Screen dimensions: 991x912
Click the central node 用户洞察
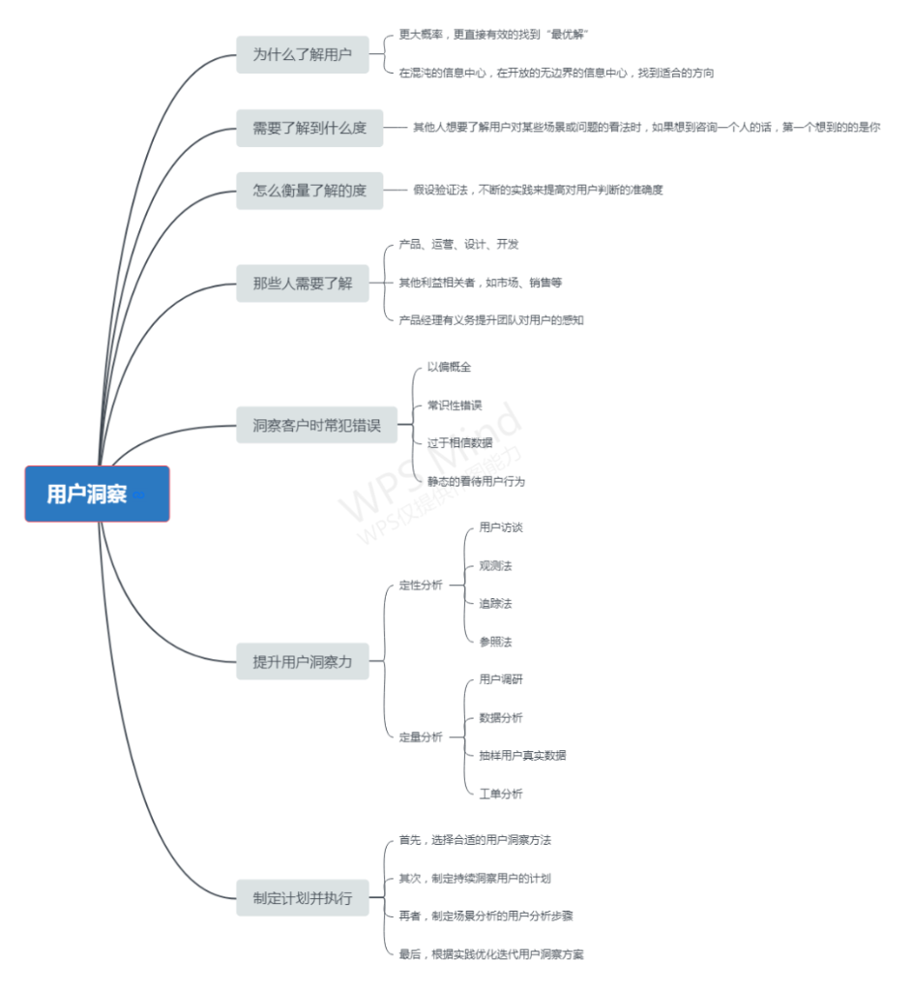[97, 494]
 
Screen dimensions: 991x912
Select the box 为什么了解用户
[303, 54]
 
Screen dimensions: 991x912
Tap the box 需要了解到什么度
[309, 128]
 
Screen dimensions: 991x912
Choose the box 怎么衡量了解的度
[309, 191]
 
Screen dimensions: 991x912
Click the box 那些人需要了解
[303, 284]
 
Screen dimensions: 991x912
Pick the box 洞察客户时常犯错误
[316, 425]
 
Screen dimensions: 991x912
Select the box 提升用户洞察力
[303, 662]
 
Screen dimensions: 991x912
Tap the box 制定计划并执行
[303, 898]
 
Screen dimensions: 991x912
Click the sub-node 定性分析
[421, 586]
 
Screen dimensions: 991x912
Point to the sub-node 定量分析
[421, 737]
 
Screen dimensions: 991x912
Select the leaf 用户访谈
[501, 528]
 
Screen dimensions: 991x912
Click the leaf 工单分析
[501, 794]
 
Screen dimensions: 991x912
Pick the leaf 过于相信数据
[460, 442]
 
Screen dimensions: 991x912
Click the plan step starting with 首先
[475, 840]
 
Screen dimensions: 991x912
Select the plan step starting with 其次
[475, 879]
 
